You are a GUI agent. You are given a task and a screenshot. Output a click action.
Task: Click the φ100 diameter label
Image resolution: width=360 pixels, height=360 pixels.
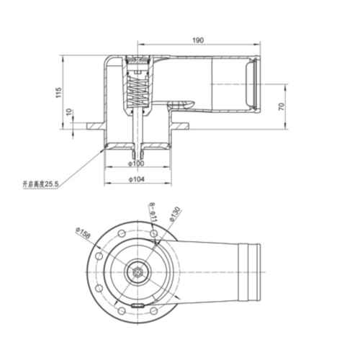137,163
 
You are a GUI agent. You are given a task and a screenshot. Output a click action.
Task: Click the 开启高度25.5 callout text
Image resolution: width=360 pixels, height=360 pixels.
40,185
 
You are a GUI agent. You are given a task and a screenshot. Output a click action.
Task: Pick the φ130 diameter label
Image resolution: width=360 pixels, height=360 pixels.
174,213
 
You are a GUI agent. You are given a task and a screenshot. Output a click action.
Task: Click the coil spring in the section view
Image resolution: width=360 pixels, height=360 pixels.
136,91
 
